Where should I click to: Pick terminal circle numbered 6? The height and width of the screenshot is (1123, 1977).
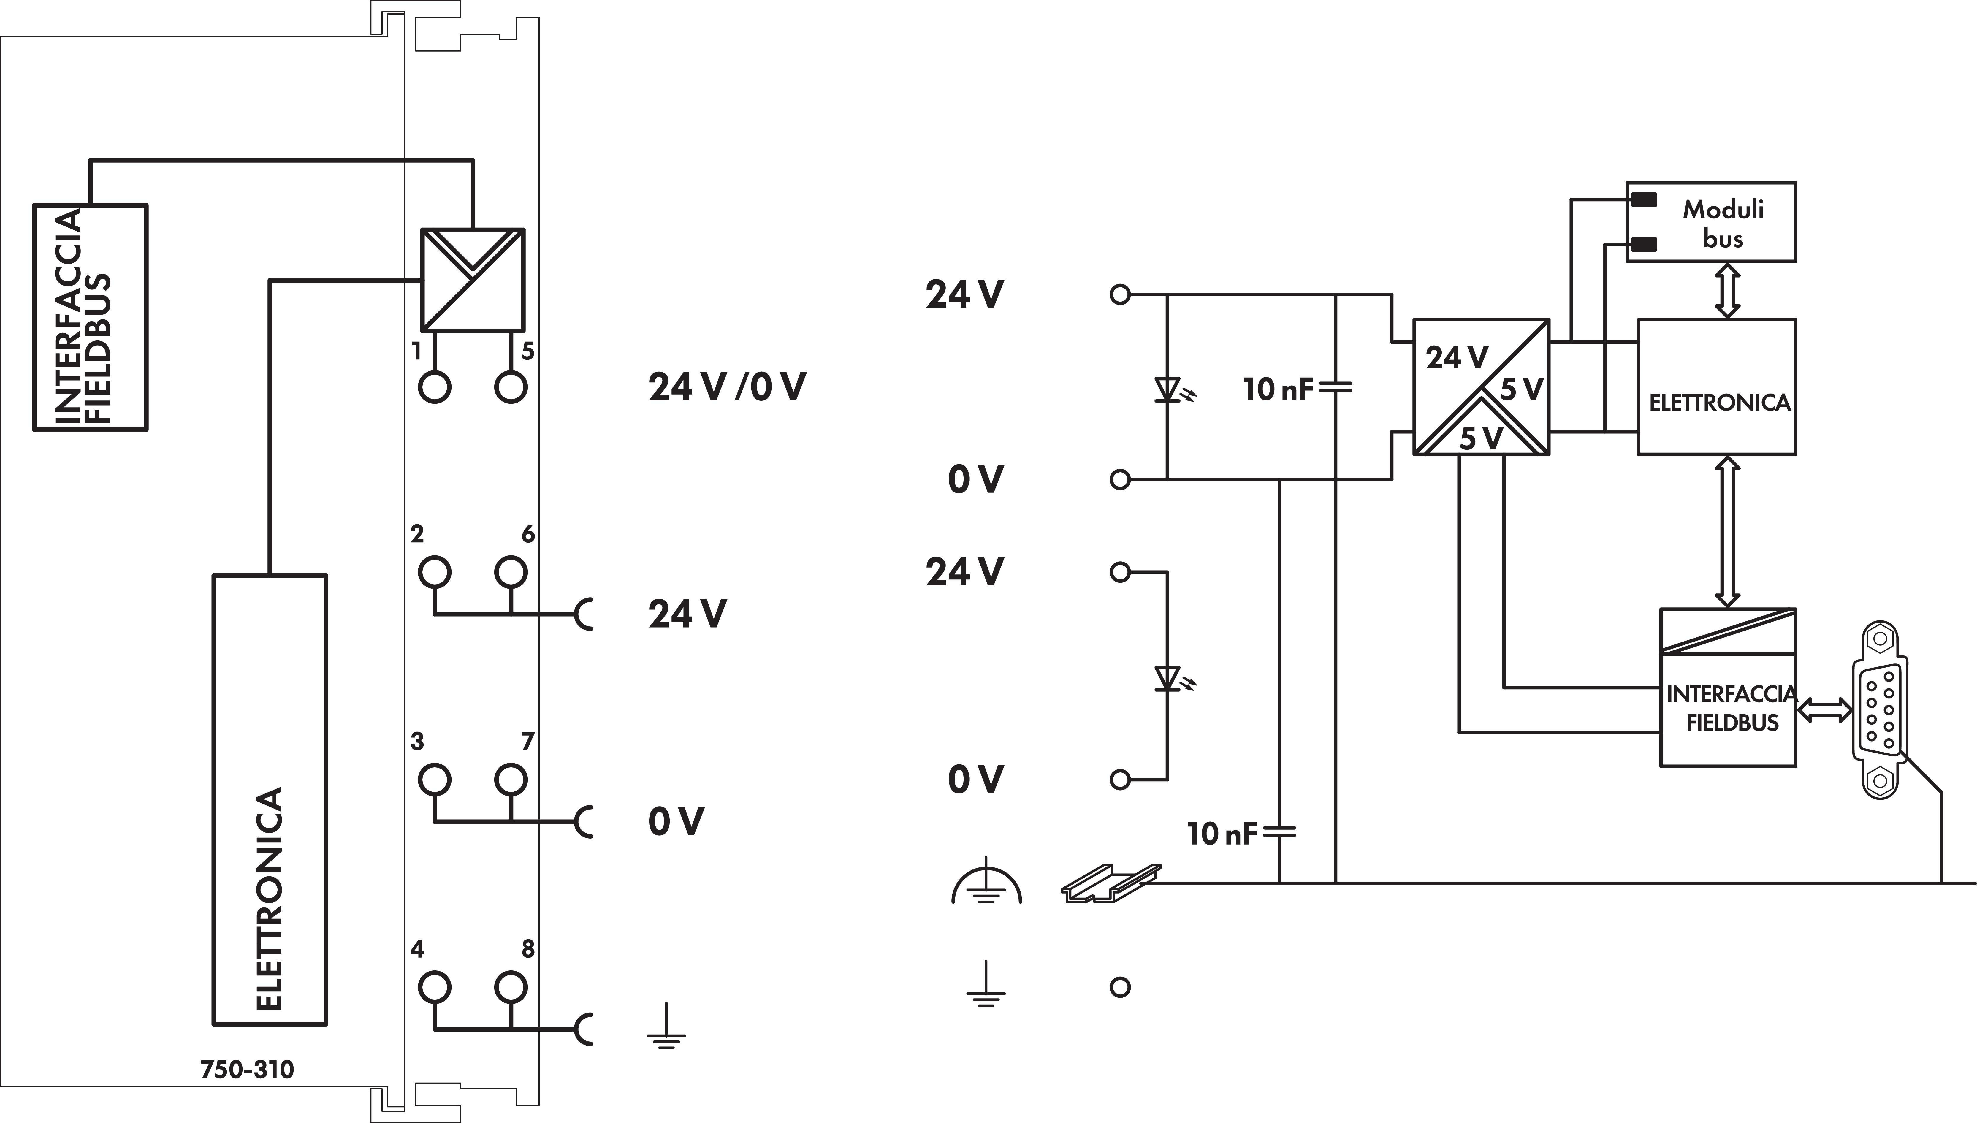(511, 572)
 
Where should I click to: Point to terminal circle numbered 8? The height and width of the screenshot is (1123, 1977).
(511, 987)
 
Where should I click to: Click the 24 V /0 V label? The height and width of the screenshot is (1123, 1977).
(726, 387)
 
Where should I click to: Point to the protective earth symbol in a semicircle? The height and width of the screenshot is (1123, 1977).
(986, 886)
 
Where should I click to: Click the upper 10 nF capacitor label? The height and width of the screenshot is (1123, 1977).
(1277, 389)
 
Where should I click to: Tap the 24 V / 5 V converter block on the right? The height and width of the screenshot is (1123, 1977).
(1480, 387)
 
